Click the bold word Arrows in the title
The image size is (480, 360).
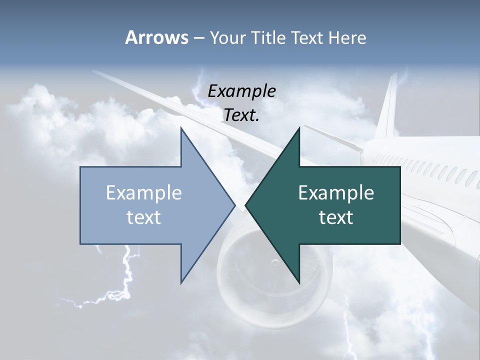156,37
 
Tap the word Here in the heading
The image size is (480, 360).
347,37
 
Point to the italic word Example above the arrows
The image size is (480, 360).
241,91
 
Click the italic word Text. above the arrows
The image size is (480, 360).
241,115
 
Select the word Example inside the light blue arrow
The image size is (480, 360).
144,193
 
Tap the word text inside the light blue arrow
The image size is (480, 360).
144,217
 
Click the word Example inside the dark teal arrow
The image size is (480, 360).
336,193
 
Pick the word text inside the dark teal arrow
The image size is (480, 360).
336,217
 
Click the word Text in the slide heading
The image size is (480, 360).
307,37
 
